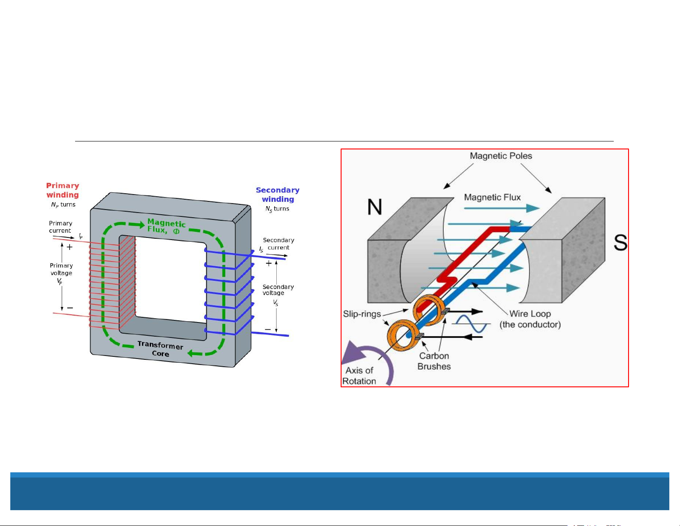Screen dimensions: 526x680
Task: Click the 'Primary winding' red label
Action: tap(63, 190)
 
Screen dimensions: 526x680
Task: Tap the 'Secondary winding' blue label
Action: tap(278, 195)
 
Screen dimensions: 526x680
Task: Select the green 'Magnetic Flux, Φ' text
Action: tap(166, 226)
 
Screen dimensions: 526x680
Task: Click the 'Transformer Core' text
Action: tap(160, 349)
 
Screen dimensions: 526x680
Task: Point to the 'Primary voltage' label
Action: tap(61, 269)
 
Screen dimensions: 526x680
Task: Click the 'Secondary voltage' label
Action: tap(278, 290)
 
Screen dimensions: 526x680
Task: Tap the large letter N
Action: tap(375, 207)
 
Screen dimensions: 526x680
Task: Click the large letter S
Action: tap(620, 243)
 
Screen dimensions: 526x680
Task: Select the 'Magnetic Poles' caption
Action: tap(501, 156)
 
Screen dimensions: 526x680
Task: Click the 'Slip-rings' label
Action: tap(362, 314)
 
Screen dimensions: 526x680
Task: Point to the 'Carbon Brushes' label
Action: tap(434, 361)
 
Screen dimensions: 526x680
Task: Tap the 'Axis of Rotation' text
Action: tap(360, 376)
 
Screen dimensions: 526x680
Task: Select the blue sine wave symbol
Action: tap(472, 324)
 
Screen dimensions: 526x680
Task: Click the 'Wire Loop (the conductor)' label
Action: tap(530, 319)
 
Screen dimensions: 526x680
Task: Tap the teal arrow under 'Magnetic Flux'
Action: tap(501, 209)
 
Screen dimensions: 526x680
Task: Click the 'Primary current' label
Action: tap(60, 227)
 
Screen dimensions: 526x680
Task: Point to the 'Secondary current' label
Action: tap(278, 243)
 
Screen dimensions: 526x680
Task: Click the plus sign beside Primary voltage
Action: tap(70, 247)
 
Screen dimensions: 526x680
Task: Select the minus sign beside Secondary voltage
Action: tap(268, 330)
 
